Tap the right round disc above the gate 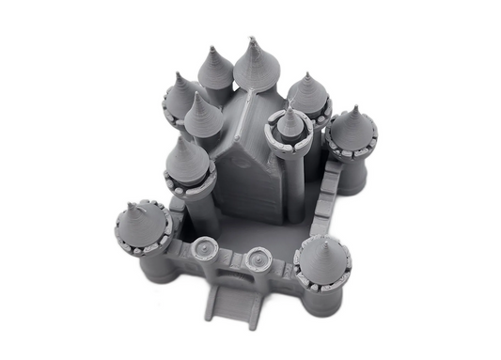click(259, 256)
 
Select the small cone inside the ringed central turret click(290, 122)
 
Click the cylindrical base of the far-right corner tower click(352, 174)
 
